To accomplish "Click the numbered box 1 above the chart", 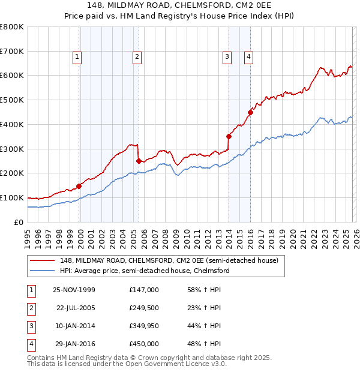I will click(78, 57).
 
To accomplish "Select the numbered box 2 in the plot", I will click(137, 57).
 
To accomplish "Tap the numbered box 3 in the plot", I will click(227, 57).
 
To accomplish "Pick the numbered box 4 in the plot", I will click(248, 57).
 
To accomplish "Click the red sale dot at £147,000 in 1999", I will click(79, 186).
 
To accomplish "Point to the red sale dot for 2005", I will click(139, 161).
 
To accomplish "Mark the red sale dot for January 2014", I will click(229, 136).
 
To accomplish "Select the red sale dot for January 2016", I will click(250, 112).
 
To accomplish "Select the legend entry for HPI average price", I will click(145, 271).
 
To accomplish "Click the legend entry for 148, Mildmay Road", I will click(169, 260).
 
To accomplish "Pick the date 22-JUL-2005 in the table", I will click(75, 308).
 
